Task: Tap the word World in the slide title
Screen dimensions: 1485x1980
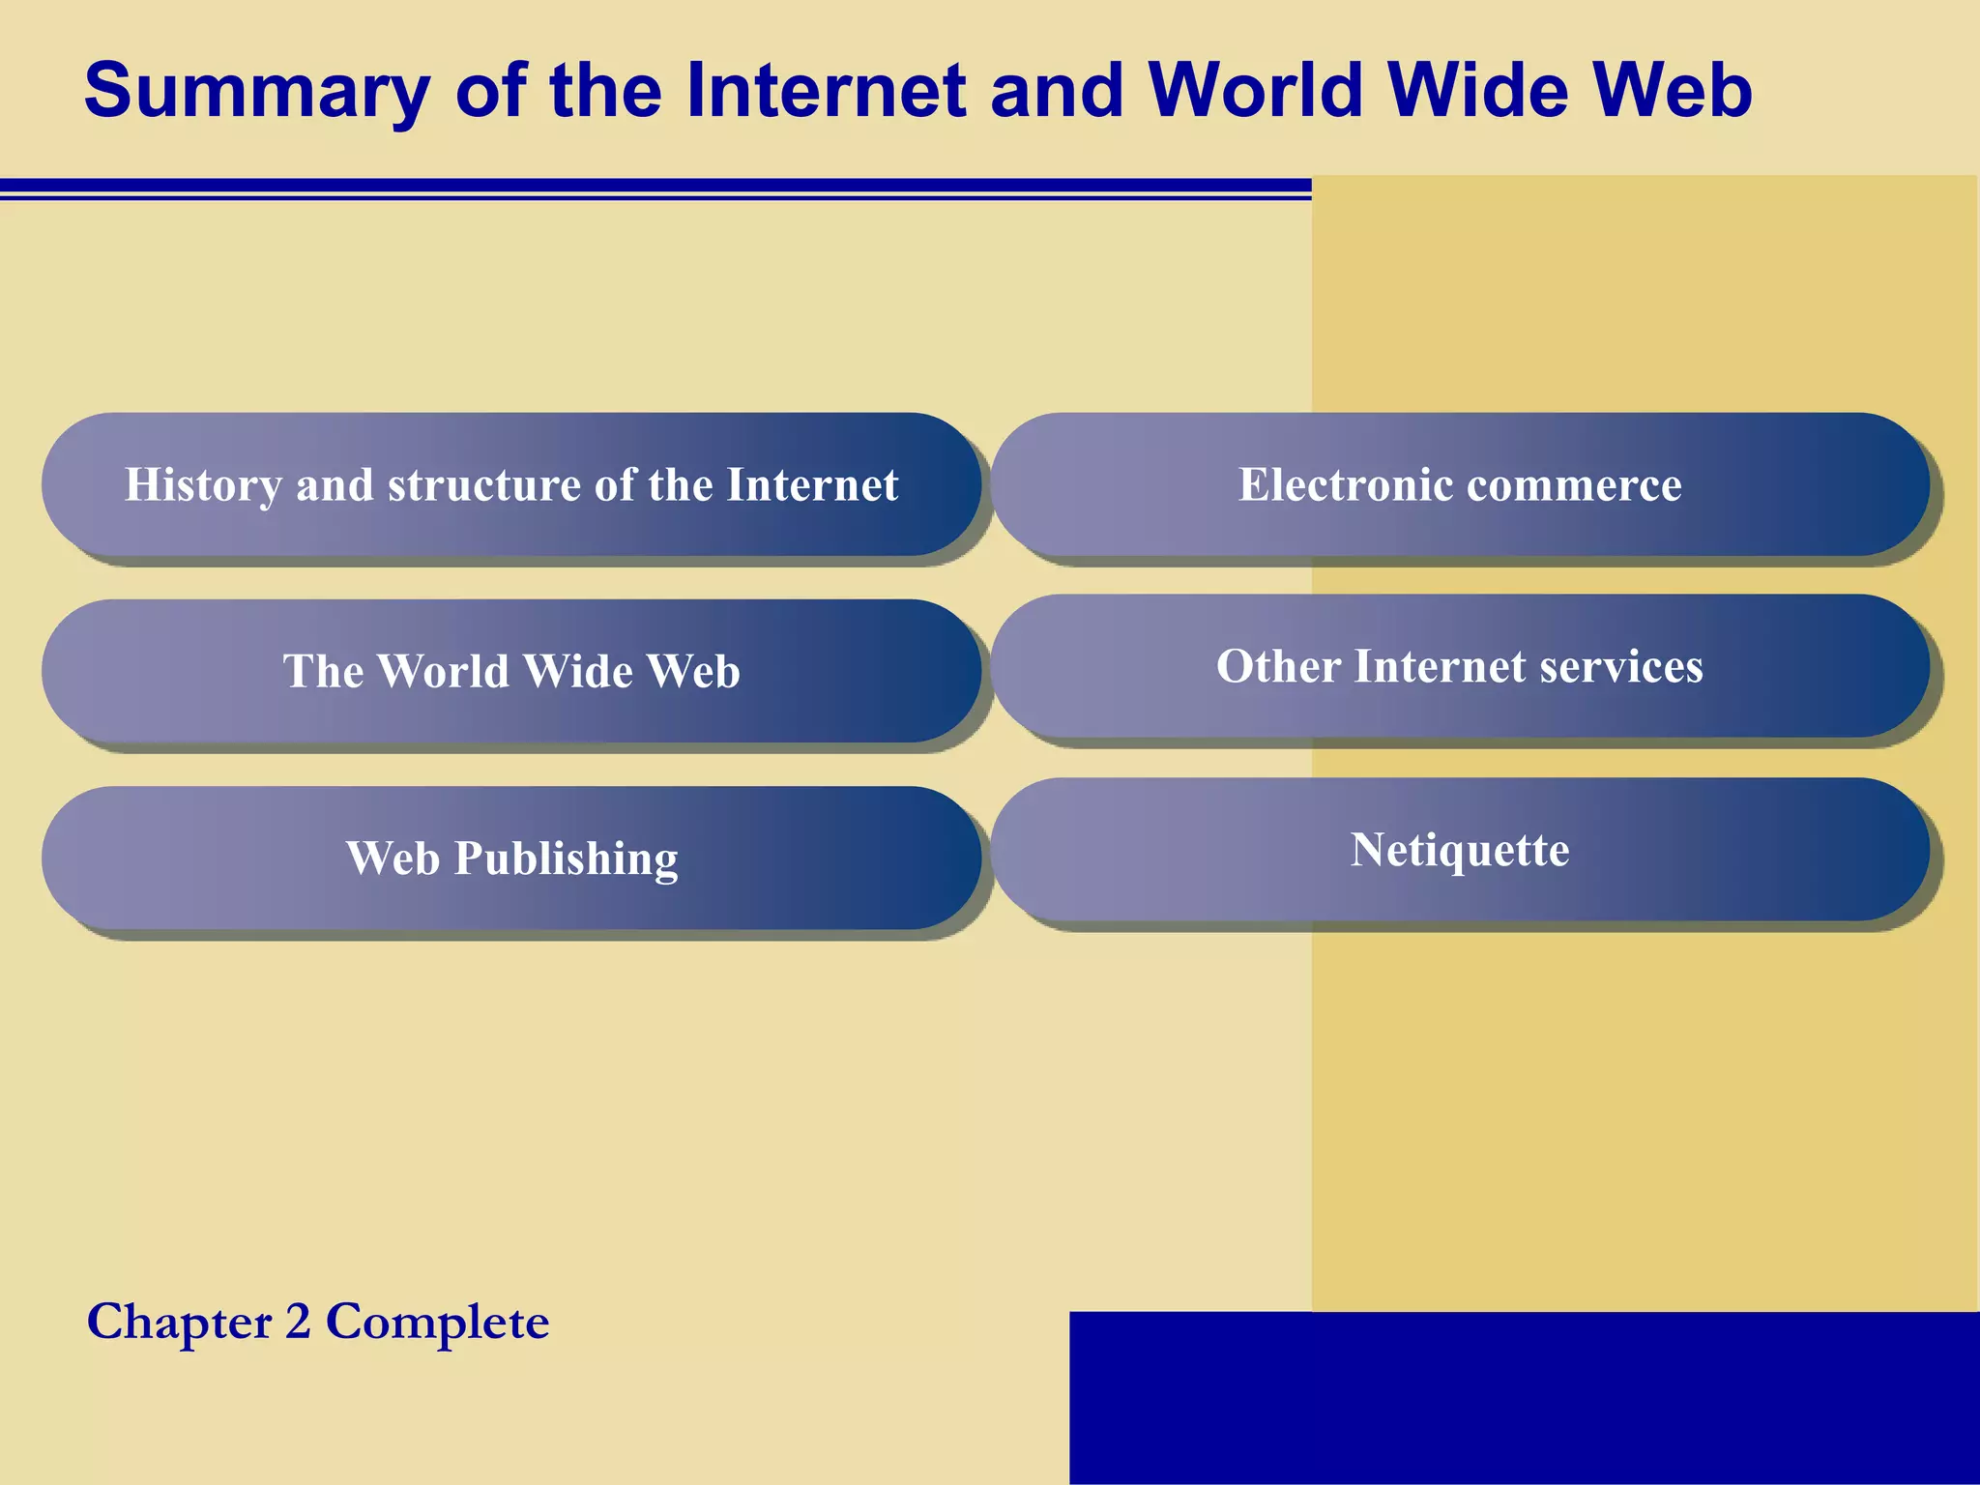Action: coord(1256,90)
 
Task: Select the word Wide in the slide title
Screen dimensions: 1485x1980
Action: coord(1478,90)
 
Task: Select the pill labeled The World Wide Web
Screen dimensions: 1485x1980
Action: coord(511,671)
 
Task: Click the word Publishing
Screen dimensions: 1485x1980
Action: coord(567,859)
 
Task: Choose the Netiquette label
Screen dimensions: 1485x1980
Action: coord(1460,850)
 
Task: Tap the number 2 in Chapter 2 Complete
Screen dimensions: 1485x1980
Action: coord(298,1322)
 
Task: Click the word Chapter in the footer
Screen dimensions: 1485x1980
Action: coord(180,1322)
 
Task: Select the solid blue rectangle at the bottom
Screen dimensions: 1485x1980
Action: coord(1524,1397)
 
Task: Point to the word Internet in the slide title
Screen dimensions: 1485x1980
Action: coord(826,90)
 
